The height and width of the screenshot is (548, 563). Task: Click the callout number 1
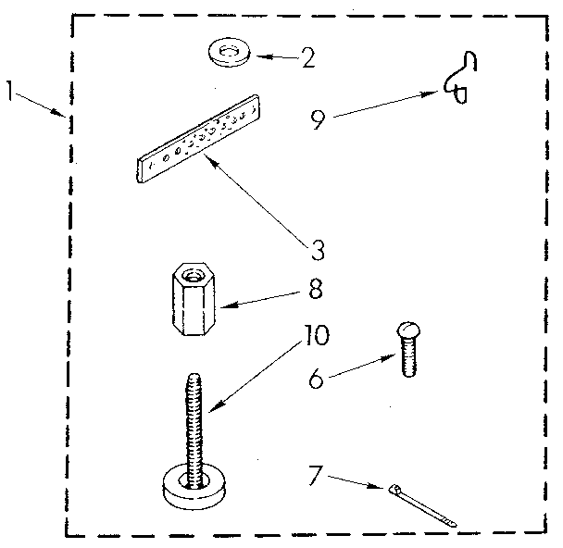point(10,91)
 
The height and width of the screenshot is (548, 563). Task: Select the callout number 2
point(307,57)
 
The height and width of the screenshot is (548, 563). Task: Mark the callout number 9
point(318,119)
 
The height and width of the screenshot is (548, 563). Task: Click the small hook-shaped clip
point(461,78)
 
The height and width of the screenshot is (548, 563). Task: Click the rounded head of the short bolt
point(408,329)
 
